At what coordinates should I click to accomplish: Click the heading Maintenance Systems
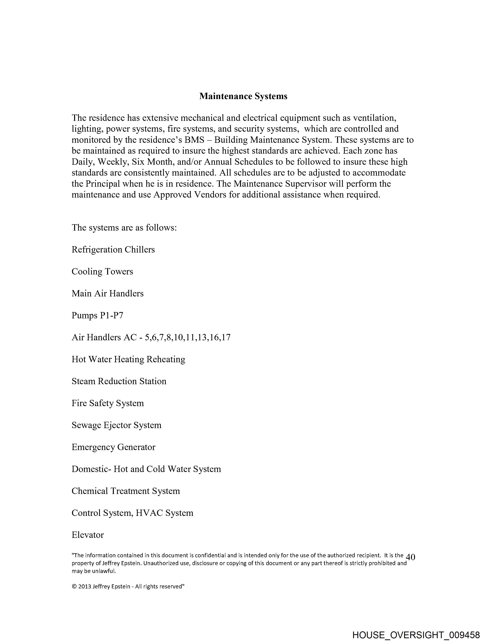243,96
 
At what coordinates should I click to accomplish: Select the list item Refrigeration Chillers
113,249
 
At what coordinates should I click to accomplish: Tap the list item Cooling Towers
102,272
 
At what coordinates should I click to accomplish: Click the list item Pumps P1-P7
97,315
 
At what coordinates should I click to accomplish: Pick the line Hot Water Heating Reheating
128,359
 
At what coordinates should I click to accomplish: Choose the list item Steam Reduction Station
119,381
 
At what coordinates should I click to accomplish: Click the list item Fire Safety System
108,403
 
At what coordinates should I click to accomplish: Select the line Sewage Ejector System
116,425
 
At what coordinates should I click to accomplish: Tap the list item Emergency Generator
113,447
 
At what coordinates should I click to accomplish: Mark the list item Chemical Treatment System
126,491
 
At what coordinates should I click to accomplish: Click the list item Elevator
88,535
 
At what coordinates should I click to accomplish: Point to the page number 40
410,557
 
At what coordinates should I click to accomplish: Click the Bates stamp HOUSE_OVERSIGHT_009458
416,635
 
